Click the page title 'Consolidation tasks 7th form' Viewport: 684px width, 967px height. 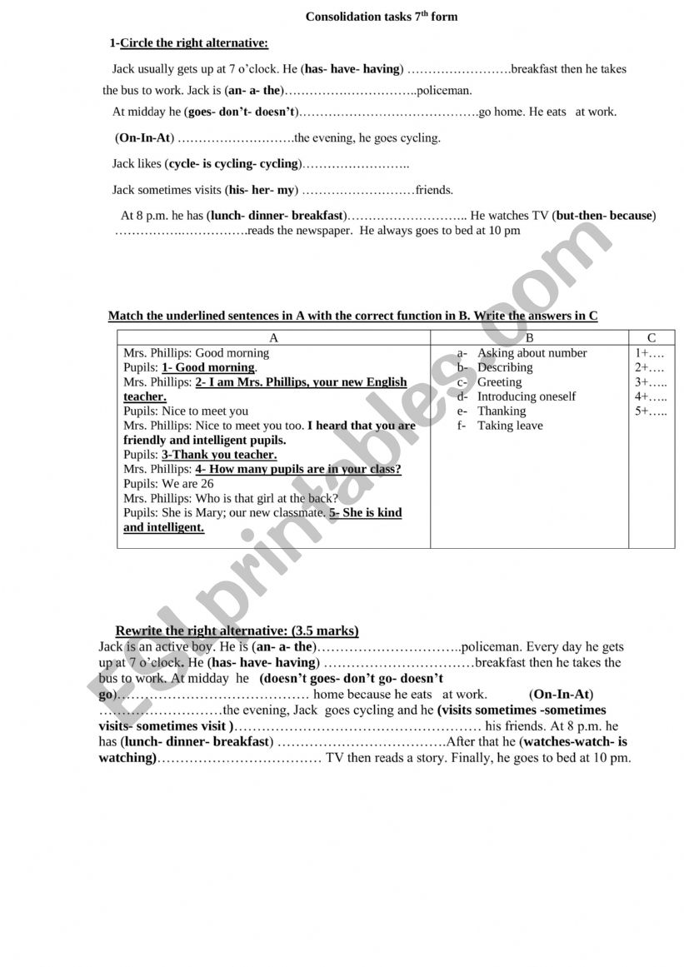382,17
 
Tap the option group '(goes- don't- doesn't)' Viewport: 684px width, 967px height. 242,112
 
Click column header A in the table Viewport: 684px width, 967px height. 274,337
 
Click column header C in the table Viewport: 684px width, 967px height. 652,337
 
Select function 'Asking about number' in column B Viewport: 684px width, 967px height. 532,353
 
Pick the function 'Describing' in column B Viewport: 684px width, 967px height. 505,367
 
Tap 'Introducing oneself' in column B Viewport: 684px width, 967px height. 526,396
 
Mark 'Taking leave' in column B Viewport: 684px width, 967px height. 510,426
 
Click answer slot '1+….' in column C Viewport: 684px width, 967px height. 650,353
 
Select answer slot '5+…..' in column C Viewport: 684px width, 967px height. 651,411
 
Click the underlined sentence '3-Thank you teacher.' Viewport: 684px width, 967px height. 219,455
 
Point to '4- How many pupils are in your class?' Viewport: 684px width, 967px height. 298,470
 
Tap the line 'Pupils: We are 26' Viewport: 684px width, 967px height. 168,484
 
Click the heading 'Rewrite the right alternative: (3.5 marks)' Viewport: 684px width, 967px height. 237,631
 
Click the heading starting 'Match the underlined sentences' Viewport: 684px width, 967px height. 352,316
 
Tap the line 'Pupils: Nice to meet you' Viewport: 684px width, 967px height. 186,411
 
